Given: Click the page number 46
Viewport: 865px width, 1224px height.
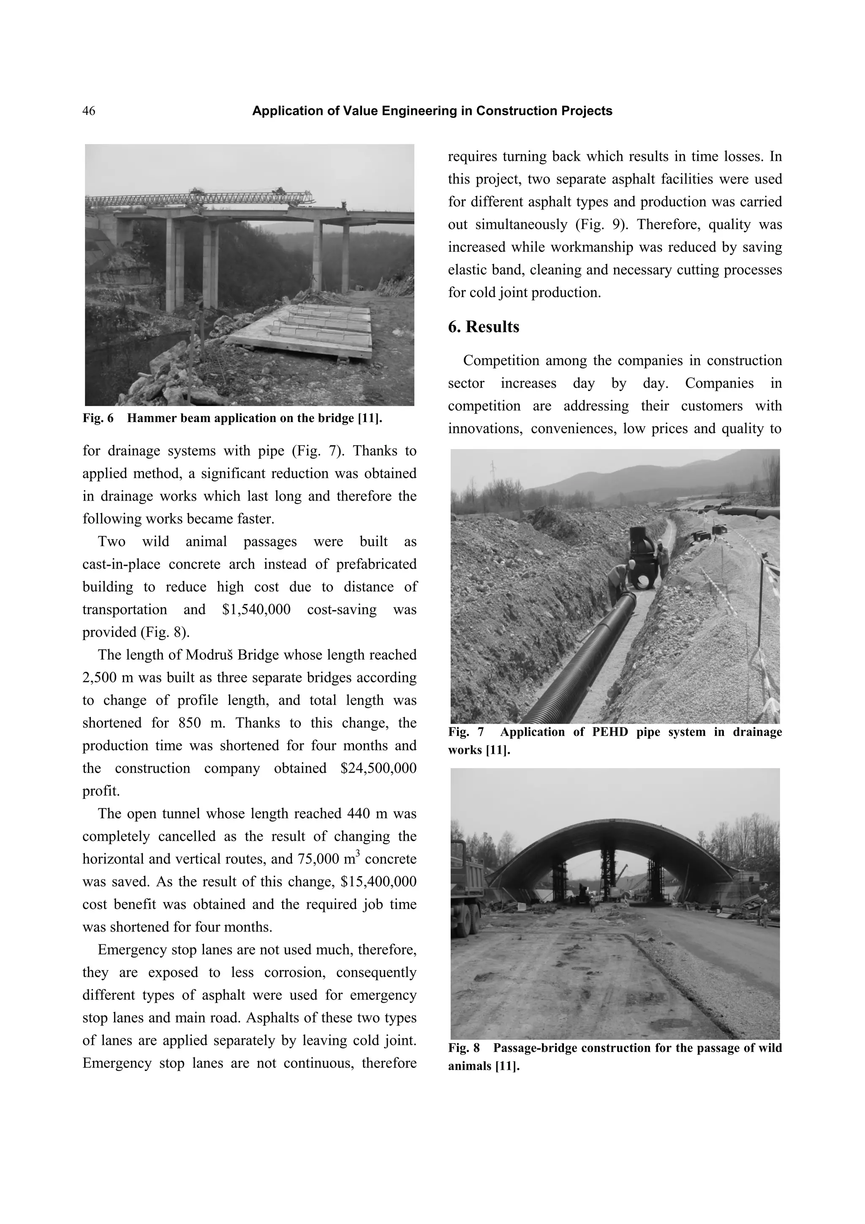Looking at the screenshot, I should click(89, 111).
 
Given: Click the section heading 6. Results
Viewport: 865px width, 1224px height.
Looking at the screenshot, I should click(484, 327).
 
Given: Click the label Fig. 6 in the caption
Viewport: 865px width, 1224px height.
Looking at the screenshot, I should click(98, 418).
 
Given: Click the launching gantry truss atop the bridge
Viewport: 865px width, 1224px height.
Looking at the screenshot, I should click(197, 199).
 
